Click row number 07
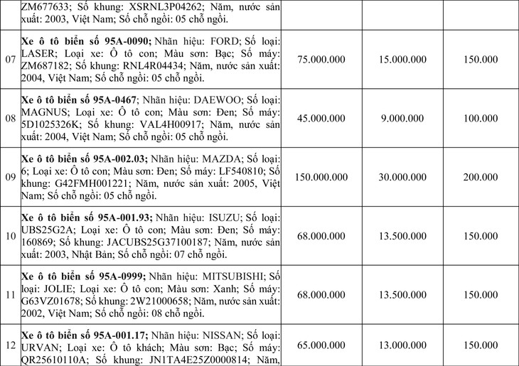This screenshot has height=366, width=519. (x=10, y=59)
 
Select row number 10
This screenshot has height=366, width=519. (x=10, y=235)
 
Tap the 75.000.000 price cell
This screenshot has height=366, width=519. (x=322, y=59)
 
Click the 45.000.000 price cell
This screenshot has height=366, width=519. (x=322, y=118)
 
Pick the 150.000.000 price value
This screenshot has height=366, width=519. (x=322, y=177)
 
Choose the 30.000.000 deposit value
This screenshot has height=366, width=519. (x=400, y=177)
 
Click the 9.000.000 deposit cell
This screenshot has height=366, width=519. (x=400, y=118)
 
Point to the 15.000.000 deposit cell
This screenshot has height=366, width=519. (x=400, y=59)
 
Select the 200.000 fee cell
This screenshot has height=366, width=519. (x=480, y=177)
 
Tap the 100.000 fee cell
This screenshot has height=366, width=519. (x=480, y=118)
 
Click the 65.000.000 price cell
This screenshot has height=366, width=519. (x=322, y=344)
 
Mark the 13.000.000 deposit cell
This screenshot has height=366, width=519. (x=400, y=344)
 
